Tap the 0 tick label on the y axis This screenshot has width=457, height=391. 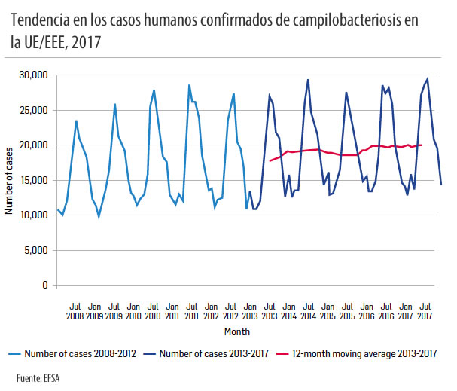tap(45, 286)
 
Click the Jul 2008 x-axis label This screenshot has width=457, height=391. tap(75, 312)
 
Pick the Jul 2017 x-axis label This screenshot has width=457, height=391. tap(425, 312)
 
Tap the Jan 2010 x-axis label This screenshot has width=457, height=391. tap(133, 312)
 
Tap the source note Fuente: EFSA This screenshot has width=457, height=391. tap(39, 376)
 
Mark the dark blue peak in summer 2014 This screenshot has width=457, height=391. tap(308, 80)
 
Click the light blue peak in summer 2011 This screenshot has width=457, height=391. tap(189, 85)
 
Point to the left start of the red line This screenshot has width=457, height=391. tap(270, 161)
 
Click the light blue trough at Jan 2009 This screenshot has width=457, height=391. tap(99, 216)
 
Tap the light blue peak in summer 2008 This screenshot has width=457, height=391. tap(76, 121)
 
